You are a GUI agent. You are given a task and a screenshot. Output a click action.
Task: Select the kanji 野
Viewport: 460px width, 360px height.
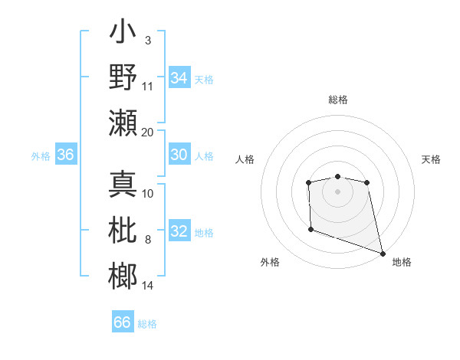tap(123, 78)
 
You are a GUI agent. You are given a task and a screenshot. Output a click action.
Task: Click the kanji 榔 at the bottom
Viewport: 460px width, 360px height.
tap(123, 274)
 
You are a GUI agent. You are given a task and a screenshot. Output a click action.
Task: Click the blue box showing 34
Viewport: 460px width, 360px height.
tap(179, 77)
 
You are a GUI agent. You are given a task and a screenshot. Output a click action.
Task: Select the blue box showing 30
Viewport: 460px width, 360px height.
tap(179, 155)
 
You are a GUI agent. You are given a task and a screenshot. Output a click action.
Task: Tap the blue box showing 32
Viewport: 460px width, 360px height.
tap(179, 231)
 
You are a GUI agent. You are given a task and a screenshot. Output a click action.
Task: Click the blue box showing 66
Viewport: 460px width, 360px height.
tap(123, 322)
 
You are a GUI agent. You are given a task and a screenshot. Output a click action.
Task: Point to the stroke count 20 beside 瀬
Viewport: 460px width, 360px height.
tap(148, 132)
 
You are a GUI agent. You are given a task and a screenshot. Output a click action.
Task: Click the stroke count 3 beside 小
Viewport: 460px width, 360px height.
tap(147, 40)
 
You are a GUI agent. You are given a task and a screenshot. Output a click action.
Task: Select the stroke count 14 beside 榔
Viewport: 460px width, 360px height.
tap(148, 286)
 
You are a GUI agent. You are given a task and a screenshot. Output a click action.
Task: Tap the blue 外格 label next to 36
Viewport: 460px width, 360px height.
tap(41, 156)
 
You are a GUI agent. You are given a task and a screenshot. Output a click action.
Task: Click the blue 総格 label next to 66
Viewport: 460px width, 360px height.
tap(147, 323)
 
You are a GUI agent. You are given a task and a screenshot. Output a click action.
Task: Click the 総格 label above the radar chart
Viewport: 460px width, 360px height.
tap(337, 100)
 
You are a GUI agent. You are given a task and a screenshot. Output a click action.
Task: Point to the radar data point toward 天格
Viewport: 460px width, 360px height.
tap(367, 182)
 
